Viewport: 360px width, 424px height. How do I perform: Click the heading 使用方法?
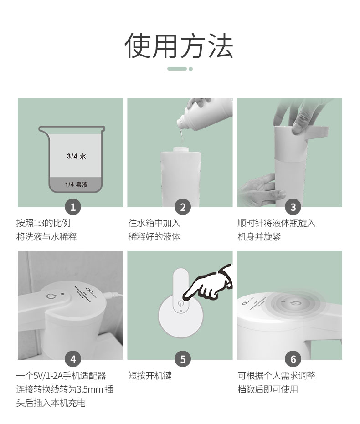179,46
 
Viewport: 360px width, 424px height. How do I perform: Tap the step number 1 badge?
73,207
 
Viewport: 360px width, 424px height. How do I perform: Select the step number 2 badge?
183,207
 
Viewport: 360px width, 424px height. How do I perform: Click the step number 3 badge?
293,207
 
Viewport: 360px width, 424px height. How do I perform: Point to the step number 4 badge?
73,359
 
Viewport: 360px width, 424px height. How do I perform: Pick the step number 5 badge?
183,359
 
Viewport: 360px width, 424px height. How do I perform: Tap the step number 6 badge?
293,359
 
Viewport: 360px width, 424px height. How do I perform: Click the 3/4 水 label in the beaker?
77,156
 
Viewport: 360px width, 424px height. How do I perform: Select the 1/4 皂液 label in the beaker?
76,185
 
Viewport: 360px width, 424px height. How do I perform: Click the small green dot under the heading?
190,69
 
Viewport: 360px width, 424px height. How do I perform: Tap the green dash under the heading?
177,69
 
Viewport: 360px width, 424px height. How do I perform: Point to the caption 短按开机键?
150,376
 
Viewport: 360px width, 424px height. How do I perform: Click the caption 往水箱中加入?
154,223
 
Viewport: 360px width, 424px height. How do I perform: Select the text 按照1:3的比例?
43,223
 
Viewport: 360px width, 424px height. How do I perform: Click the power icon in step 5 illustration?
180,304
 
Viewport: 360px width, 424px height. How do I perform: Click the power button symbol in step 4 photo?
51,296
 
